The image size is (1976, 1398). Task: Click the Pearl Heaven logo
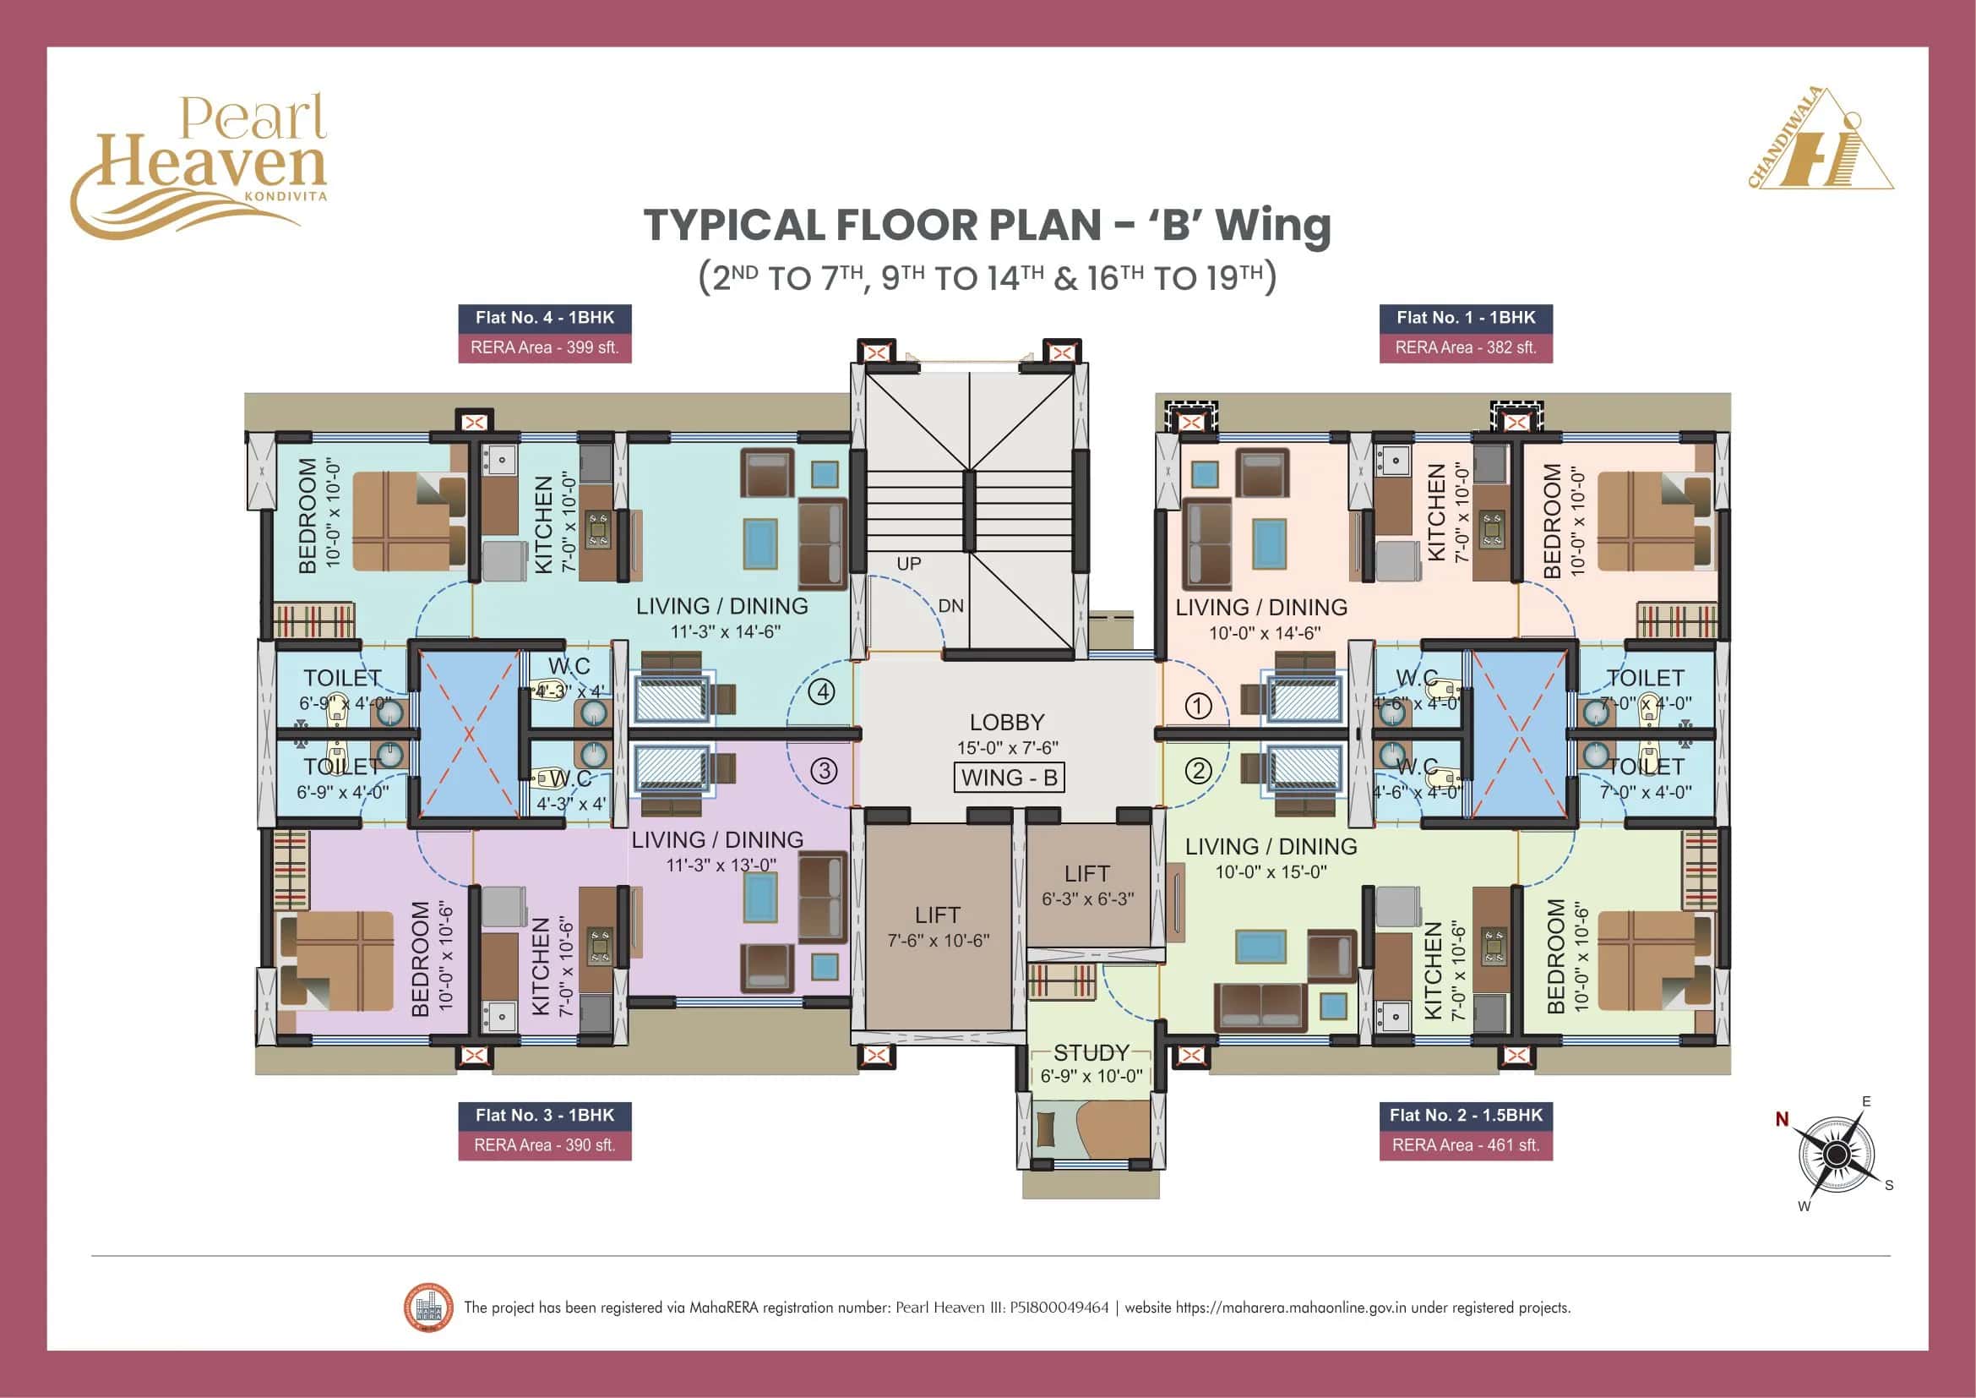point(199,166)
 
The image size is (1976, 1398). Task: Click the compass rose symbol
point(1836,1154)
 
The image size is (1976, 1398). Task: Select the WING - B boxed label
point(1009,778)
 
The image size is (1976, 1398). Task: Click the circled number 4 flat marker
point(823,691)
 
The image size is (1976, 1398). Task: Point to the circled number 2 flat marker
point(1199,771)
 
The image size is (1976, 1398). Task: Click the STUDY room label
point(1091,1053)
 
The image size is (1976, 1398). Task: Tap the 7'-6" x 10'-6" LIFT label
point(938,941)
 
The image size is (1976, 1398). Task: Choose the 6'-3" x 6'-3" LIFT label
point(1088,898)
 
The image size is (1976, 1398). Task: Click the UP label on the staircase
point(909,564)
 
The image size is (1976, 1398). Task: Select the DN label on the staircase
point(951,606)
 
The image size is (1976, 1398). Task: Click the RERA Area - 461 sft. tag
point(1466,1145)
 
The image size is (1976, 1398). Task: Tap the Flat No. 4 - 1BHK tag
point(545,318)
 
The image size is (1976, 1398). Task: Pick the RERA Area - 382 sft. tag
point(1466,347)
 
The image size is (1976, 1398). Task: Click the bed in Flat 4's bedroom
point(409,521)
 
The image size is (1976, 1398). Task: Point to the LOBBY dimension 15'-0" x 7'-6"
point(1008,747)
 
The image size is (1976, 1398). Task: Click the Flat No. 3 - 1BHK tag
point(545,1115)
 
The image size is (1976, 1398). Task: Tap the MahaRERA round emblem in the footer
point(427,1307)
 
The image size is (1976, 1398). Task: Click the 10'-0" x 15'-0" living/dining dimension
point(1271,872)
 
